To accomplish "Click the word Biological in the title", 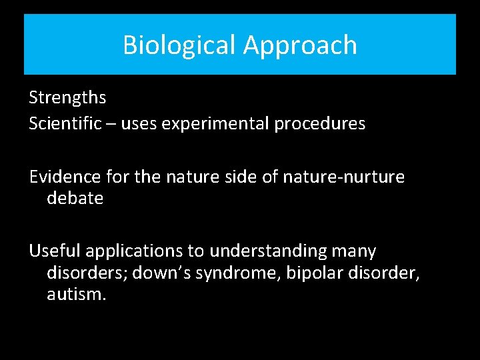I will point(179,45).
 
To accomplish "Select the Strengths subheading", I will point(67,98).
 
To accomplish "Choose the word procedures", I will point(327,124).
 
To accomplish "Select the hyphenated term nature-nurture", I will point(343,177).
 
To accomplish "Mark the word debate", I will point(75,198).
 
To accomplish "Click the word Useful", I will point(53,251).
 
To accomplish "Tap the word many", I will point(353,251).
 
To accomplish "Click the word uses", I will point(138,124).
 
